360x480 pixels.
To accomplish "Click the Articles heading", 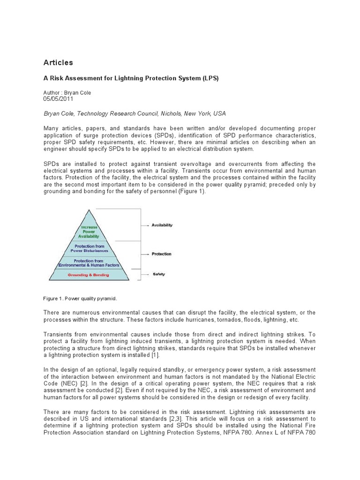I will click(x=58, y=62).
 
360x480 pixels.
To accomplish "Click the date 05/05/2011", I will click(x=58, y=99).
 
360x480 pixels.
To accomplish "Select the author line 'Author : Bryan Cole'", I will click(x=67, y=93).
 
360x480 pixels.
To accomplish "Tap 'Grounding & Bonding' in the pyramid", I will click(x=89, y=275).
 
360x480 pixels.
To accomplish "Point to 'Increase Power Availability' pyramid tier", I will click(x=89, y=232).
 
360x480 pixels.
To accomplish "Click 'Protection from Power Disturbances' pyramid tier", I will click(x=89, y=248).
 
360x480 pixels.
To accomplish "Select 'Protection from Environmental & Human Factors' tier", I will click(x=89, y=263).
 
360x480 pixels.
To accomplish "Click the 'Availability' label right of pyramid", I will click(x=162, y=225).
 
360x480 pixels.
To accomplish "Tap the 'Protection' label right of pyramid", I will click(x=161, y=254).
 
